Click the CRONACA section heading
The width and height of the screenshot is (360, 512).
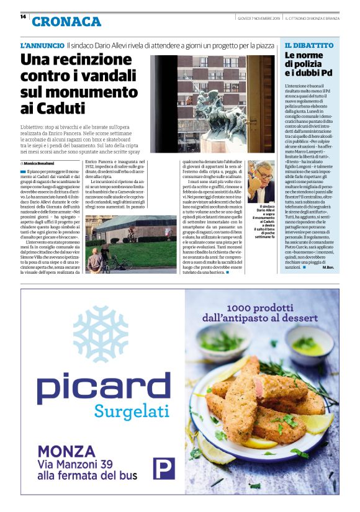point(66,22)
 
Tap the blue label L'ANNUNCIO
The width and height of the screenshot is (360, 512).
point(42,46)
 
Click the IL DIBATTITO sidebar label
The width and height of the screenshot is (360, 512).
point(309,45)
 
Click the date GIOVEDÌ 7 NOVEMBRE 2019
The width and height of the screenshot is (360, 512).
point(258,17)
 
